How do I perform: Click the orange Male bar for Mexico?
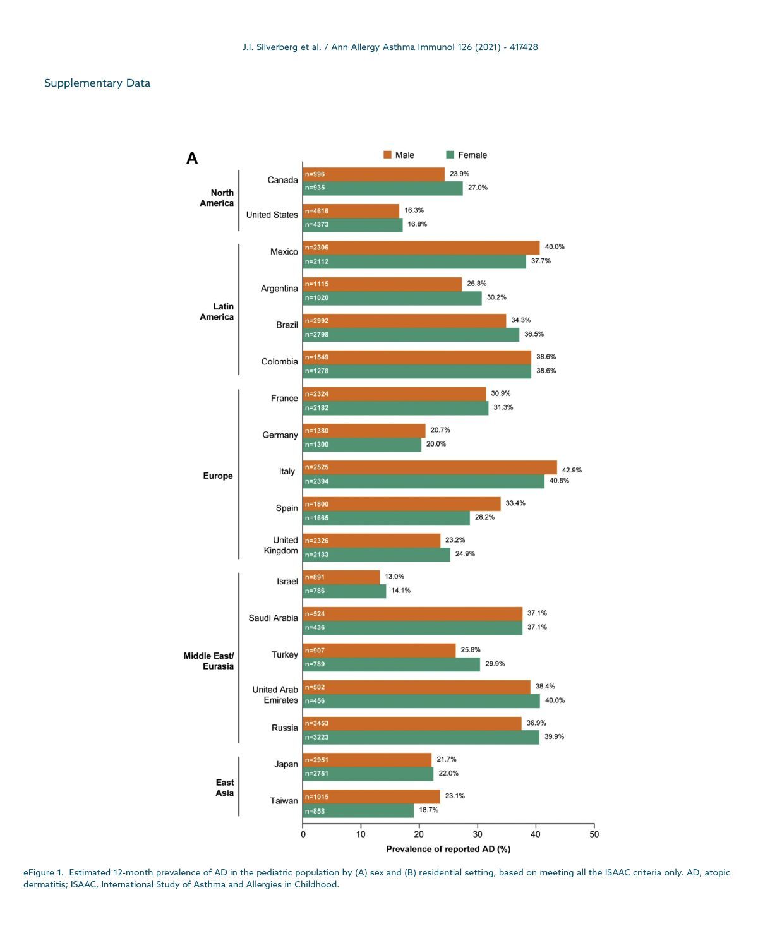tap(421, 248)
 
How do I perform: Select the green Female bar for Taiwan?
tap(358, 810)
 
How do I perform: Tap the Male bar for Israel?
tap(341, 577)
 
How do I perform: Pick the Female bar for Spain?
tap(386, 518)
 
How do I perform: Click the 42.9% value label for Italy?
tap(572, 470)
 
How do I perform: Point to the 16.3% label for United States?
tap(414, 210)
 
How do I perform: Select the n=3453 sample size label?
tap(316, 723)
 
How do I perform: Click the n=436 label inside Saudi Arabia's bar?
tap(315, 627)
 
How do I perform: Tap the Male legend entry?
tap(399, 155)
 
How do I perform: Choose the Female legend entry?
tap(467, 155)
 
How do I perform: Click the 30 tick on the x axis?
tap(478, 834)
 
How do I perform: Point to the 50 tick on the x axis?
tap(594, 834)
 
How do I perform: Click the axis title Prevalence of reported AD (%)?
tap(448, 849)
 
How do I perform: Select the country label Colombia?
tap(279, 362)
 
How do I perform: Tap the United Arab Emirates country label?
tap(275, 695)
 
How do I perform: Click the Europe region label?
tap(218, 476)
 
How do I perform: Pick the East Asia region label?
tap(224, 788)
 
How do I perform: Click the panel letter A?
tap(192, 159)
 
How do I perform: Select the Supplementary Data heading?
tap(97, 83)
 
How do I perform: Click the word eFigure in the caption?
tap(39, 872)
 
